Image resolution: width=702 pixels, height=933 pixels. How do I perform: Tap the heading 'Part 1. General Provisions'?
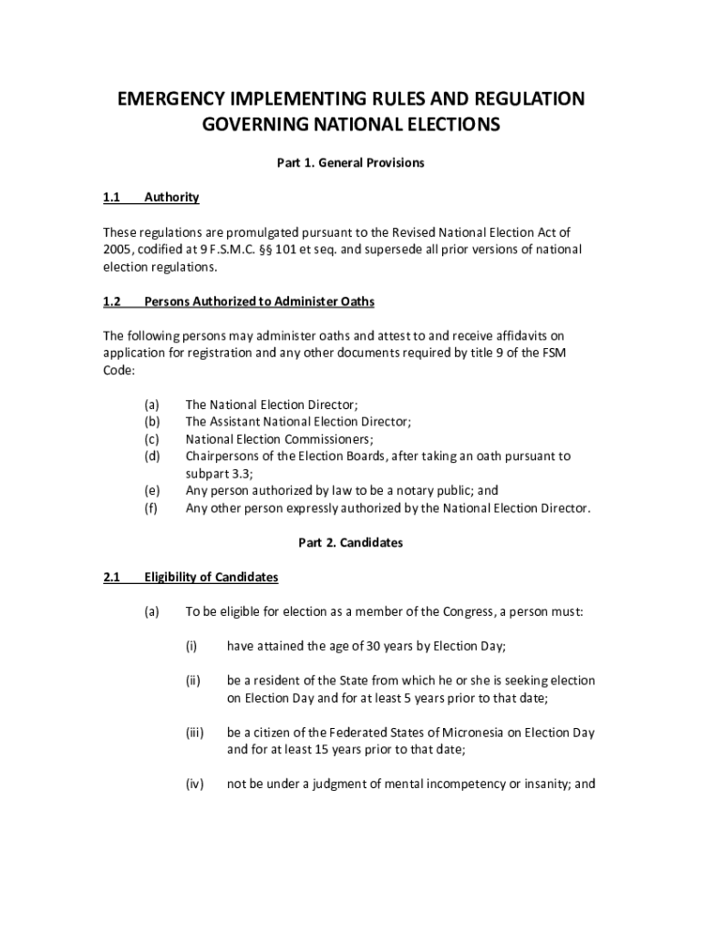(x=351, y=163)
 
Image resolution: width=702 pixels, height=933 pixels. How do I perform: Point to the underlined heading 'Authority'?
(x=171, y=198)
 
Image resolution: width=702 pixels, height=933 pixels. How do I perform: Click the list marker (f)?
(x=151, y=508)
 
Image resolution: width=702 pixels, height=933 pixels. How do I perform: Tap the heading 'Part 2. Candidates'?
(x=351, y=543)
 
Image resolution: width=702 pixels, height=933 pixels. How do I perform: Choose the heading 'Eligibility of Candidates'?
(x=211, y=578)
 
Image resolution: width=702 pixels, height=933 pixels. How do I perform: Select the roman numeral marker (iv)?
(x=193, y=784)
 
